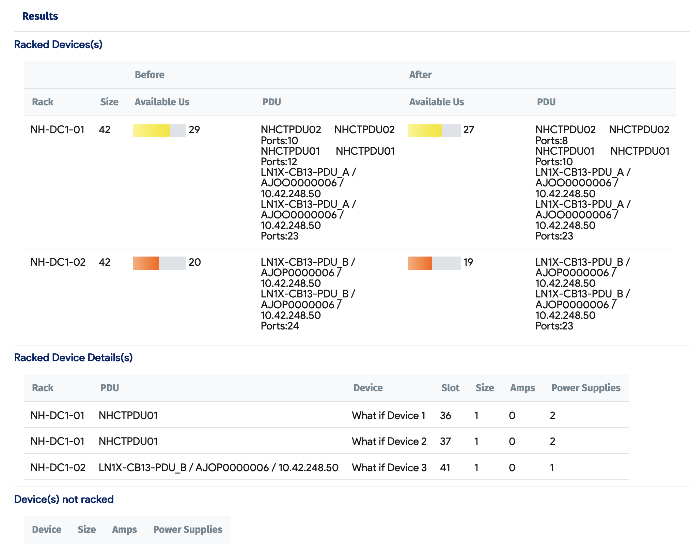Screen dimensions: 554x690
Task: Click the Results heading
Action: click(40, 16)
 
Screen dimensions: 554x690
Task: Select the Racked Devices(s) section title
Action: click(58, 44)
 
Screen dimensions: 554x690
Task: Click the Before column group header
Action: click(150, 75)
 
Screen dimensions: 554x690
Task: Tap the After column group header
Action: click(420, 75)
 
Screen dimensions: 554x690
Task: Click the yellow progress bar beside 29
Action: click(159, 130)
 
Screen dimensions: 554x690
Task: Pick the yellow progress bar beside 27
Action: click(434, 130)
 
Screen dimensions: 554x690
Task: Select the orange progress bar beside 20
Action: click(159, 263)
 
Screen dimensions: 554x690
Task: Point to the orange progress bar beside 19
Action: click(434, 263)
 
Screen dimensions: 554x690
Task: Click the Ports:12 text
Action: click(279, 161)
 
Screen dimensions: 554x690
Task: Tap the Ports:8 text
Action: click(551, 140)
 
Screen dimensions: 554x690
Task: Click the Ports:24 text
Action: click(280, 326)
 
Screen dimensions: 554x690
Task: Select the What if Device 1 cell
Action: click(389, 415)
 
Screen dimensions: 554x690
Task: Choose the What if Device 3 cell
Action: click(389, 467)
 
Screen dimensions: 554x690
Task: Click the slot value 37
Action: click(445, 441)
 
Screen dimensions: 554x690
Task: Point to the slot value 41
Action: click(445, 467)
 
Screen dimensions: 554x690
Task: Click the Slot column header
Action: click(450, 388)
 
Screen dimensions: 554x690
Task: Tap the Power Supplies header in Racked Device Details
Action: click(586, 388)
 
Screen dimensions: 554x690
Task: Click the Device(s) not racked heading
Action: click(64, 499)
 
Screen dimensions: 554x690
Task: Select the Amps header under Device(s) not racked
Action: click(124, 529)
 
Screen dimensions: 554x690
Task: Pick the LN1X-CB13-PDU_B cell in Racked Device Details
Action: click(218, 467)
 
